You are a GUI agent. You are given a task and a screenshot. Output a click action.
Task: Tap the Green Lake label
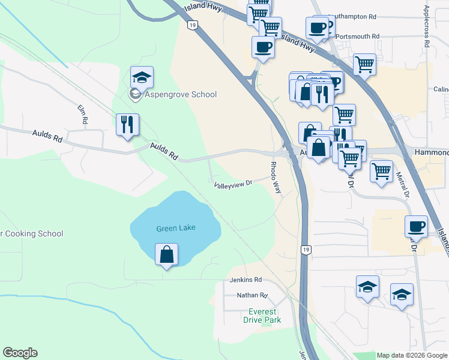(x=176, y=229)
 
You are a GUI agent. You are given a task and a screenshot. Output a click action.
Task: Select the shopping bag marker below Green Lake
(x=166, y=255)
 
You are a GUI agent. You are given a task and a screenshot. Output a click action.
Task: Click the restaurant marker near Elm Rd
(x=127, y=125)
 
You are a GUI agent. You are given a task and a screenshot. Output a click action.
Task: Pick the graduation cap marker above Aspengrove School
(x=142, y=77)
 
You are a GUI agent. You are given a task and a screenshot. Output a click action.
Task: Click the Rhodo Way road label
(x=276, y=177)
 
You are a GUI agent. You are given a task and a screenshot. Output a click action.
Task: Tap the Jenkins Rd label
(x=246, y=280)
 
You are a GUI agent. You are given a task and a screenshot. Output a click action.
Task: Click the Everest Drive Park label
(x=262, y=316)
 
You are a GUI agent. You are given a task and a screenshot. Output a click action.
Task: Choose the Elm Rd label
(x=83, y=115)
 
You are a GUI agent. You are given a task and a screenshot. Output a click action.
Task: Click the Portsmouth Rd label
(x=358, y=37)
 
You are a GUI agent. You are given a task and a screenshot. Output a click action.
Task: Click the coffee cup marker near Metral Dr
(x=416, y=227)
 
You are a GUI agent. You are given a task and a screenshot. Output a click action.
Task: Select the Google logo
(x=20, y=353)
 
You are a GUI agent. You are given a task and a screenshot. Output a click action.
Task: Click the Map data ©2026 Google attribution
(x=412, y=355)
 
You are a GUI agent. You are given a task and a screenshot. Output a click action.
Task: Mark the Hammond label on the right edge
(x=431, y=153)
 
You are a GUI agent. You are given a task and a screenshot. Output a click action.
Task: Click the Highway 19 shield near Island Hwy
(x=191, y=25)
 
